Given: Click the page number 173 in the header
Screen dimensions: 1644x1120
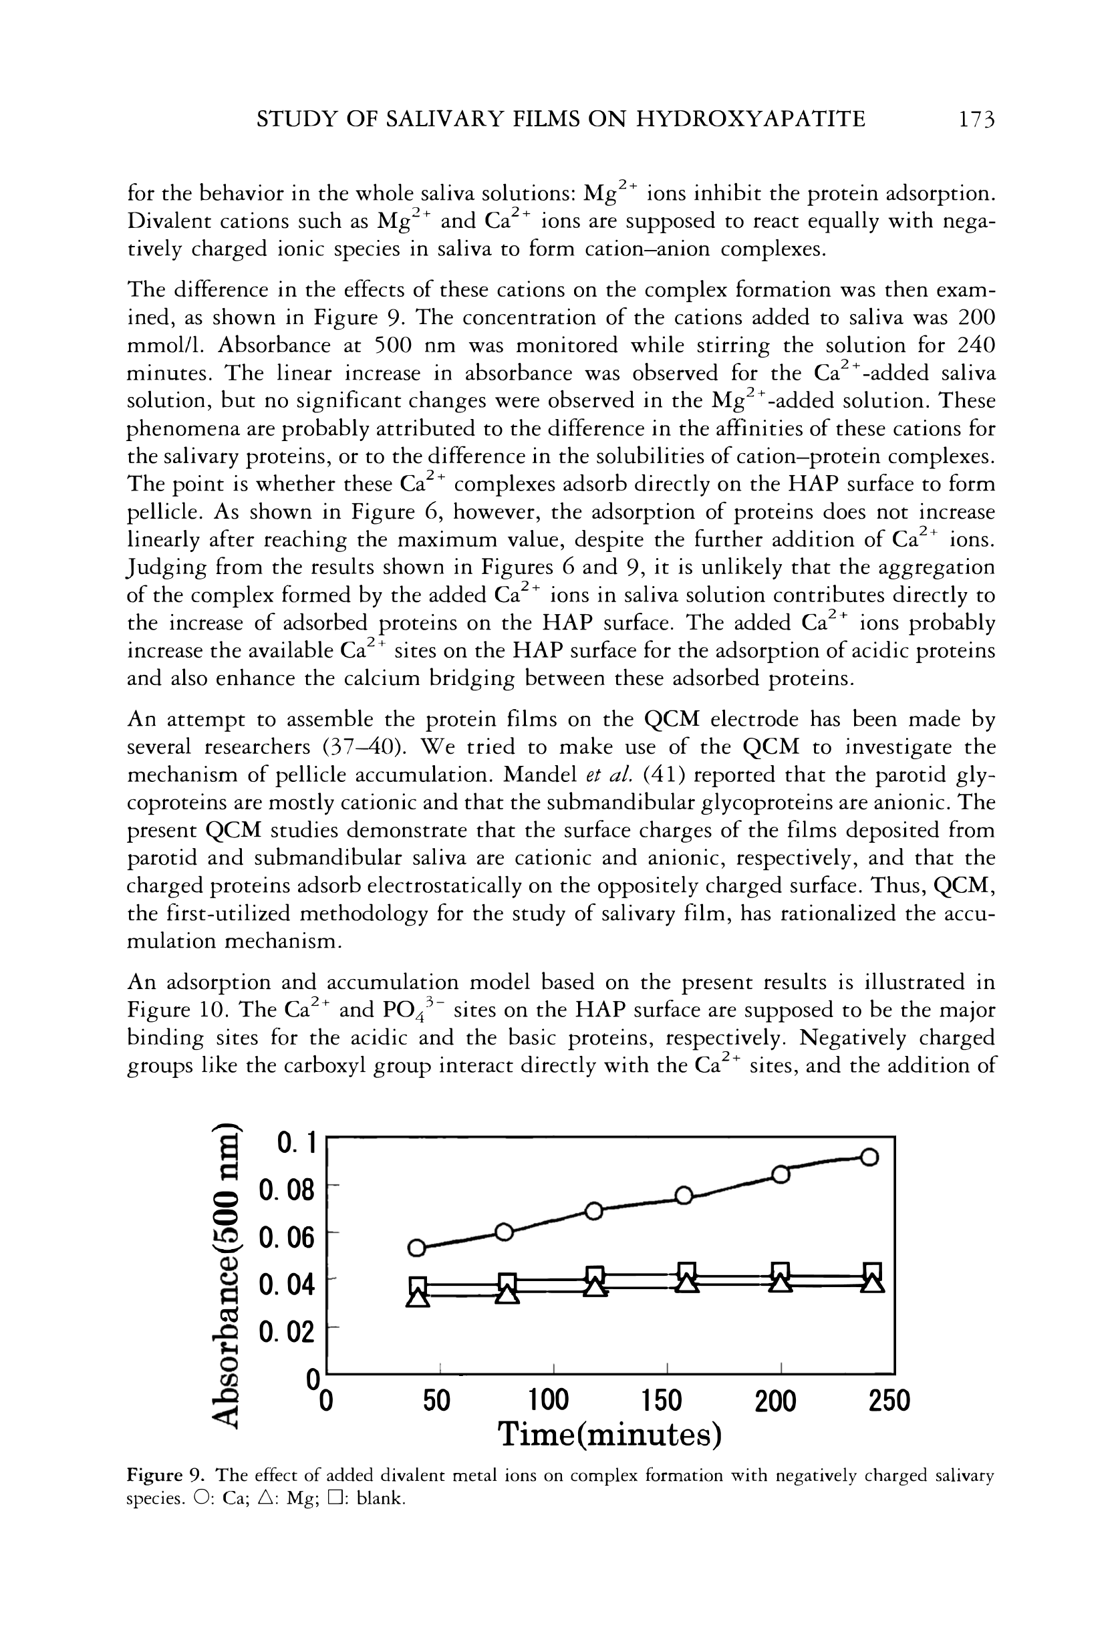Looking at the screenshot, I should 976,119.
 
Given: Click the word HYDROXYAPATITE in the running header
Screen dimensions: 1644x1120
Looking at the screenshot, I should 750,119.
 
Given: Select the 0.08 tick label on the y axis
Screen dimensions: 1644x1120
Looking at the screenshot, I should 287,1190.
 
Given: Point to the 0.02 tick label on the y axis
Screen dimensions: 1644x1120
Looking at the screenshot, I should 287,1332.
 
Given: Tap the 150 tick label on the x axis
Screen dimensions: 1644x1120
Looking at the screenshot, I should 662,1401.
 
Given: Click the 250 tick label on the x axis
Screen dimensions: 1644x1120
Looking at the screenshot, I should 889,1401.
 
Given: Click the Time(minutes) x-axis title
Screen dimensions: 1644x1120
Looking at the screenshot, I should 609,1435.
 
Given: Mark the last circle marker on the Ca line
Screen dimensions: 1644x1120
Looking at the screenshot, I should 869,1158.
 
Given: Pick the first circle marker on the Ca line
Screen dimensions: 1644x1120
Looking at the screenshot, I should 418,1248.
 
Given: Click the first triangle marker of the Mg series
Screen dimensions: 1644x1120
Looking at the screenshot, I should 418,1297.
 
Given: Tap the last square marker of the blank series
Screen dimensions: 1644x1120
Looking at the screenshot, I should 873,1270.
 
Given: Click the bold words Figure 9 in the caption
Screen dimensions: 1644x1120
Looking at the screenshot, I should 166,1476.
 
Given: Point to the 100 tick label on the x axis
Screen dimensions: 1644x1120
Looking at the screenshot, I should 549,1401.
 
